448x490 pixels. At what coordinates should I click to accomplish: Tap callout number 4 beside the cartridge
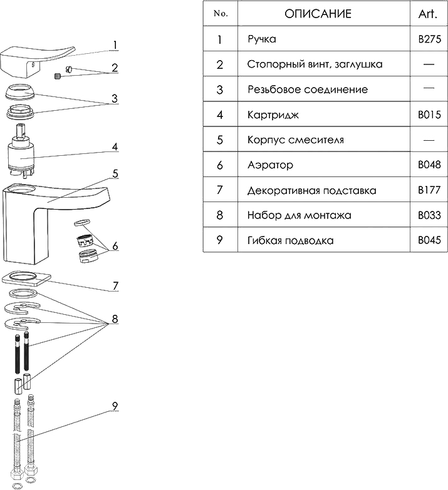tap(115, 148)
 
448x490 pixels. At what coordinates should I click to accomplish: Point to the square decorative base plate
tap(26, 278)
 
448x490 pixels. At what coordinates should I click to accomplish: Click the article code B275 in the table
tap(429, 40)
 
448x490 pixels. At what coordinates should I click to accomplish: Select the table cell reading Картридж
tap(273, 115)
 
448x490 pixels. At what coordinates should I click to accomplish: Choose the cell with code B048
tap(429, 165)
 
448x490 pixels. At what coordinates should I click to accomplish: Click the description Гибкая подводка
tap(290, 240)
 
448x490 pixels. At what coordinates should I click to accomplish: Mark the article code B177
tap(429, 190)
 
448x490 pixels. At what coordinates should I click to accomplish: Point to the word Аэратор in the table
tap(270, 165)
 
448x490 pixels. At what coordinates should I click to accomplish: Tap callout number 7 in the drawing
tap(115, 287)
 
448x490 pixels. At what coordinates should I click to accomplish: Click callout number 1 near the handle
tap(115, 44)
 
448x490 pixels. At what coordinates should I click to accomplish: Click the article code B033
tap(429, 215)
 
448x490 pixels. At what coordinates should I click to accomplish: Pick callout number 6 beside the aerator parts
tap(115, 247)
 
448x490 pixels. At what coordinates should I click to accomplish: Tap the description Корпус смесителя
tap(295, 140)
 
